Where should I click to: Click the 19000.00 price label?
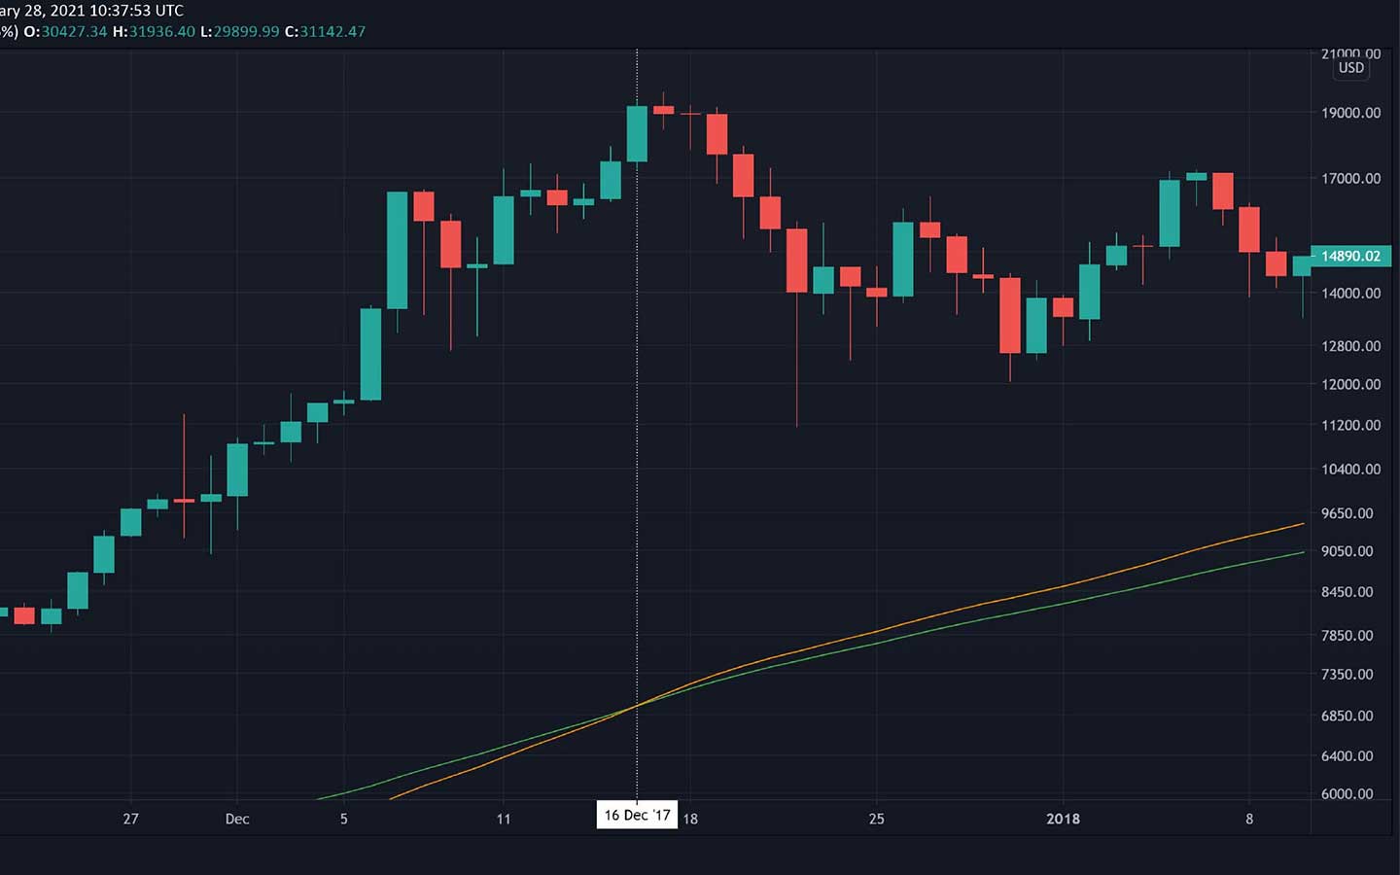tap(1350, 113)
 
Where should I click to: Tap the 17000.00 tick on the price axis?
tap(1350, 178)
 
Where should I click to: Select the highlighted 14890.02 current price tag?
tap(1350, 256)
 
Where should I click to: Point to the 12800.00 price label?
tap(1350, 346)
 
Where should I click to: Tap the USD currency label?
tap(1350, 68)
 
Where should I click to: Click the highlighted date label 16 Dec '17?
tap(637, 815)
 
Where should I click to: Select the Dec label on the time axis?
tap(237, 819)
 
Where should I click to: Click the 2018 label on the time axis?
tap(1063, 819)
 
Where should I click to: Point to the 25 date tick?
tap(876, 819)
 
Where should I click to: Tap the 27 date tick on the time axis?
tap(131, 819)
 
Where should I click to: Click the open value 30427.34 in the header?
tap(74, 31)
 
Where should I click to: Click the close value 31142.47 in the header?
tap(332, 31)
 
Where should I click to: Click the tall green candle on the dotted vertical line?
tap(637, 133)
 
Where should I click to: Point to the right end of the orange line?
tap(1303, 524)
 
